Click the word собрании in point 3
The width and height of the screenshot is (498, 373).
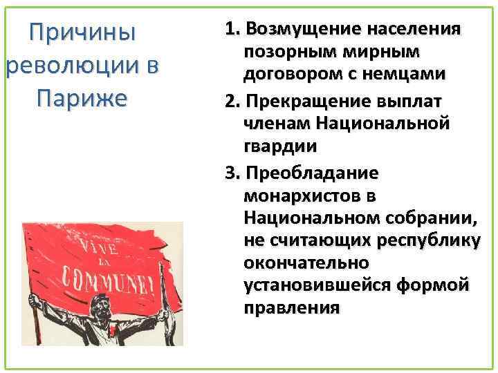pyautogui.click(x=436, y=218)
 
